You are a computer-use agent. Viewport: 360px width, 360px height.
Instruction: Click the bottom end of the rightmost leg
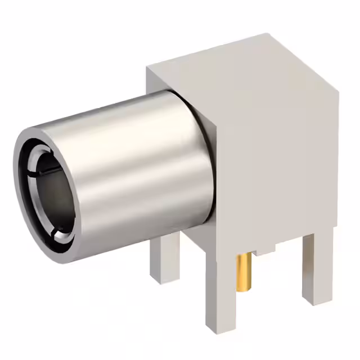coord(317,301)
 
